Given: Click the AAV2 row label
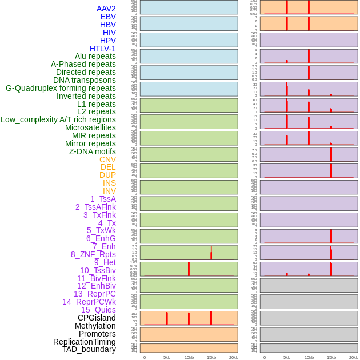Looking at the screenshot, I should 106,9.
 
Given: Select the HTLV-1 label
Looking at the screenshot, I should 103,49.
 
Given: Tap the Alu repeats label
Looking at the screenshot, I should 95,56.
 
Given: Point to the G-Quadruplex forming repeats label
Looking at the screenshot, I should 61,88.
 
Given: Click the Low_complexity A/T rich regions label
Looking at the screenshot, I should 58,119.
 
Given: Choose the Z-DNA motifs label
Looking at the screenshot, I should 93,151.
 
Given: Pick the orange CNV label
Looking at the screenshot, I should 107,159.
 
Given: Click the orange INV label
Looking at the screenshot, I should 109,191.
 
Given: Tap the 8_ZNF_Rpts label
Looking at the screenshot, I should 93,254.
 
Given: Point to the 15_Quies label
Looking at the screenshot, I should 98,310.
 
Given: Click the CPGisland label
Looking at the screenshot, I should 97,318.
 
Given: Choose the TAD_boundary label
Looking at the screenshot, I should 89,349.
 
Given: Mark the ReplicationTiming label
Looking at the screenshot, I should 85,342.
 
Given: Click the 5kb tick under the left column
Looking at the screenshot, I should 167,357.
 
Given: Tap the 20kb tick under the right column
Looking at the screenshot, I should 354,357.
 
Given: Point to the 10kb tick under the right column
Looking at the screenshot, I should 309,357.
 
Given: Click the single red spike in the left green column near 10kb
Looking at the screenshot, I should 189,269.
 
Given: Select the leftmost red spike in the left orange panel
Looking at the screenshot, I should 166,318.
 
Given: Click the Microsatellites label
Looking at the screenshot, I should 90,127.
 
